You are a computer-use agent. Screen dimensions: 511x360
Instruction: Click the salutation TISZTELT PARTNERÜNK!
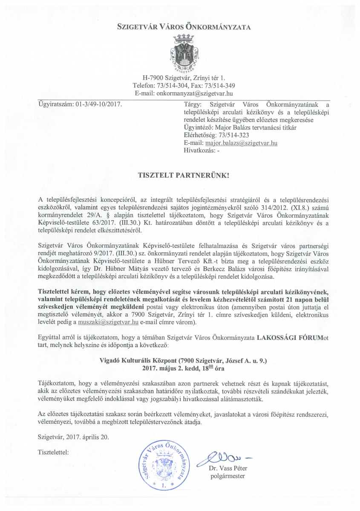pos(184,175)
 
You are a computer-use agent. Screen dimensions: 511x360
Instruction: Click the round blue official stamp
pos(164,466)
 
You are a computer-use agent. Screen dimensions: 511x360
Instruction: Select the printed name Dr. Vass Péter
pos(228,469)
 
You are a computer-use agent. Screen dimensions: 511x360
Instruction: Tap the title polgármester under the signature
pos(228,476)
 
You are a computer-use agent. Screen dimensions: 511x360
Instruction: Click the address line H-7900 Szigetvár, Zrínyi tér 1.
pos(183,78)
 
